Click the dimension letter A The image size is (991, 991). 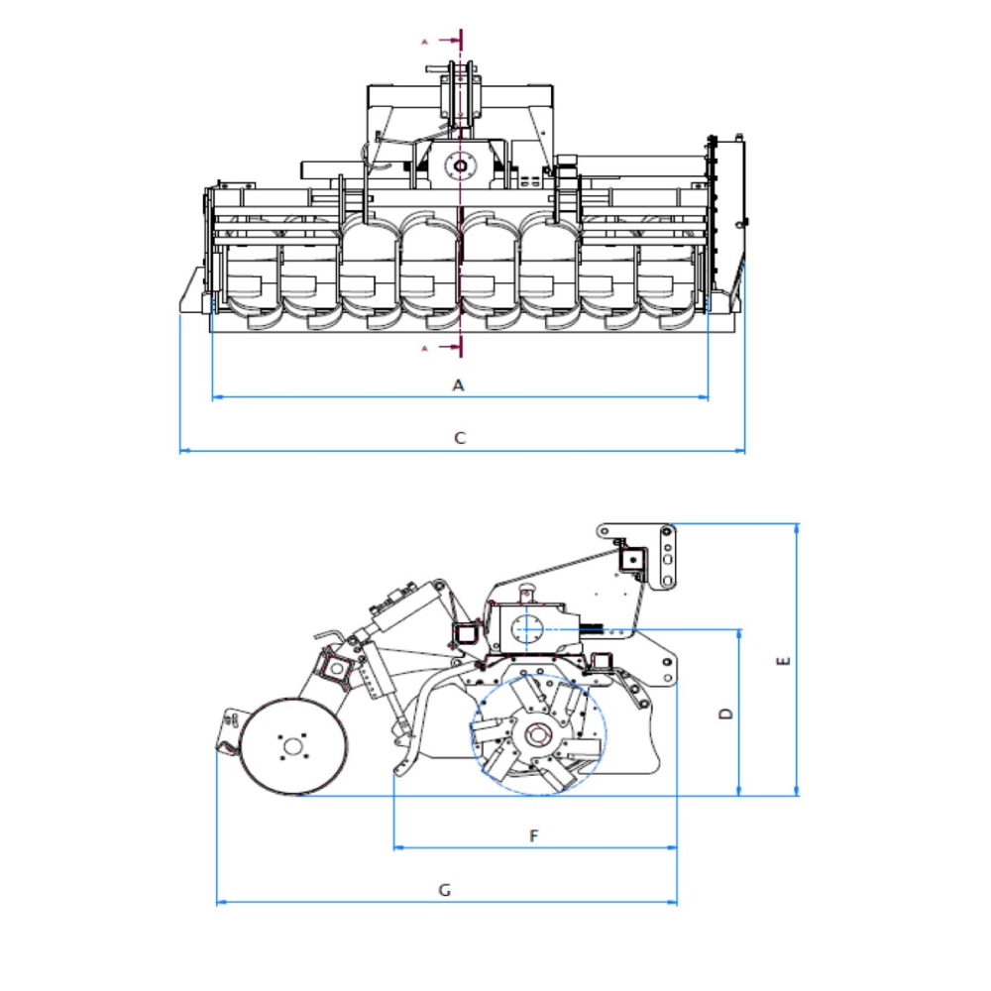[458, 385]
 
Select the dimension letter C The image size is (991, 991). [460, 437]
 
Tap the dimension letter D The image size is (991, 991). [726, 713]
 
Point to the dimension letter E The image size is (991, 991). [783, 661]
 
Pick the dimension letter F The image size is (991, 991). [533, 835]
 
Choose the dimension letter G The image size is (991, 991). [444, 890]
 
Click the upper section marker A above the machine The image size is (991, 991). [425, 42]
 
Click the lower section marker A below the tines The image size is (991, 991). [425, 348]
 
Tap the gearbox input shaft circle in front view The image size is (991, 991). [460, 166]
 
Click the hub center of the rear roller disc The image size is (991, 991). [292, 747]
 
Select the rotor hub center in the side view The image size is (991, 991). [537, 735]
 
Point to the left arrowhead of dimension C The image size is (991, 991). [184, 451]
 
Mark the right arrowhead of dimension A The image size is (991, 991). [704, 397]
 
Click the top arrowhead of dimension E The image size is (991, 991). [797, 528]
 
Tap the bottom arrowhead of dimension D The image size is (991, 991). [739, 791]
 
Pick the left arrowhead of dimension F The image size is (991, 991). [398, 847]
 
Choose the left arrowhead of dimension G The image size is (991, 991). [221, 902]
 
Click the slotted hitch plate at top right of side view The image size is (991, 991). [666, 556]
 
